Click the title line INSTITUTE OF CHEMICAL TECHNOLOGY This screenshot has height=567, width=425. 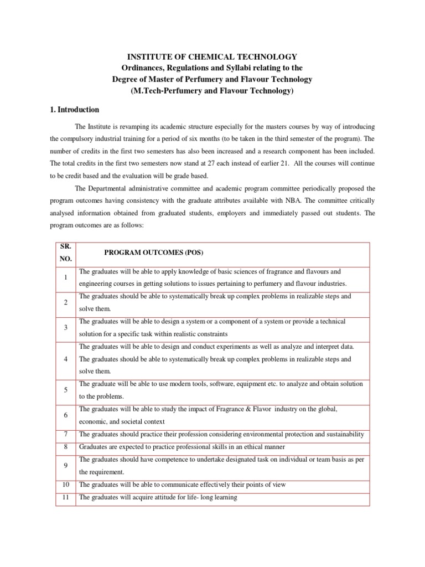[x=212, y=57]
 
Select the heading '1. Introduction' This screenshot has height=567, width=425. [x=75, y=110]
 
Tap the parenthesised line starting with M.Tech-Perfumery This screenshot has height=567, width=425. [x=212, y=91]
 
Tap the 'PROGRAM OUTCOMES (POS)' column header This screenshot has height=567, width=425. [x=154, y=252]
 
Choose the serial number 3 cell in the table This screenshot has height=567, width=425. [x=65, y=328]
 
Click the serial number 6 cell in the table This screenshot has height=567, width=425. [x=65, y=415]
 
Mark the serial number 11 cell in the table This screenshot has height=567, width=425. [x=65, y=497]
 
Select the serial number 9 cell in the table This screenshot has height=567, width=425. [x=65, y=466]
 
